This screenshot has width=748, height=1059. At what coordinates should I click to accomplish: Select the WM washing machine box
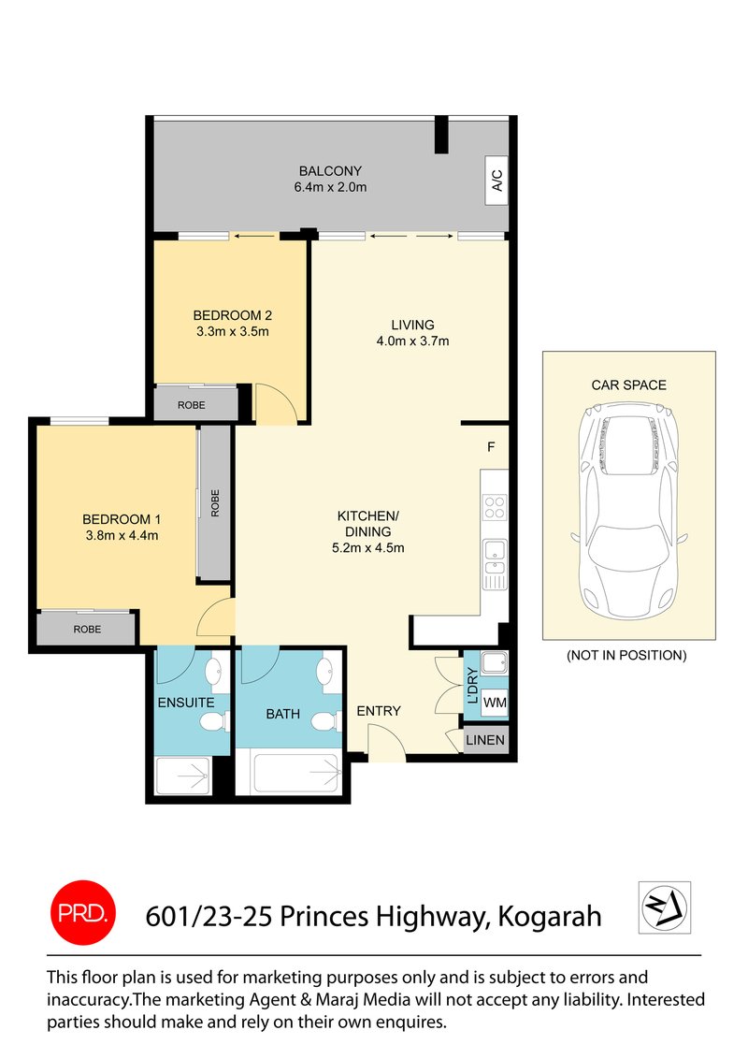point(495,702)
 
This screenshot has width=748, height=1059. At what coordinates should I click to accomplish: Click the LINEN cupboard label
point(486,740)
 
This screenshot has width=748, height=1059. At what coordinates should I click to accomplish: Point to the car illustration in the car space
point(628,505)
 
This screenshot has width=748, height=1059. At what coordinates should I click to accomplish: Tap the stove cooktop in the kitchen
point(494,507)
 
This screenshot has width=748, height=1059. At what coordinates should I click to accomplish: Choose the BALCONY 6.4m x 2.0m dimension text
point(329,187)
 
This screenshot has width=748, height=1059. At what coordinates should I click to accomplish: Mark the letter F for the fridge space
point(491,447)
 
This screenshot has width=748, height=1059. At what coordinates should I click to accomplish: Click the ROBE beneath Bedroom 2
point(194,404)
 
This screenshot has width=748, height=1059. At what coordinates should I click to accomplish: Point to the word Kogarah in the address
point(549,915)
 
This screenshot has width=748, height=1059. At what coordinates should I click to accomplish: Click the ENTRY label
point(379,711)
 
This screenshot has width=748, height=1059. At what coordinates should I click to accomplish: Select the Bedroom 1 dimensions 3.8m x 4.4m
point(121,535)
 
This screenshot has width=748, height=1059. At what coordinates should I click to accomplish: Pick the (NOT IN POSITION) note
point(626,655)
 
